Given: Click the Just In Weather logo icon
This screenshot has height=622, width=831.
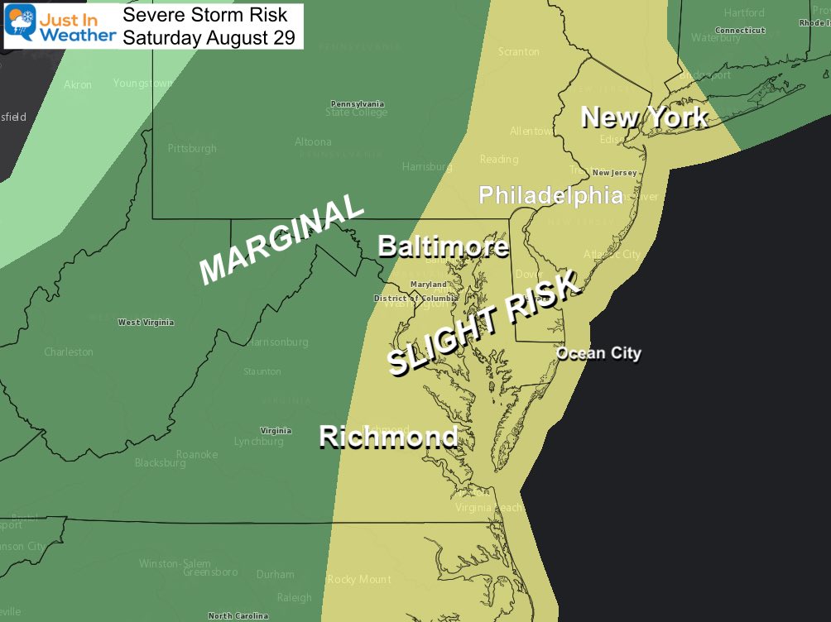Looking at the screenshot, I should pyautogui.click(x=20, y=25).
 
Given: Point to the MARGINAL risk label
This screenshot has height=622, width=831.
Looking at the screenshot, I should pyautogui.click(x=282, y=240).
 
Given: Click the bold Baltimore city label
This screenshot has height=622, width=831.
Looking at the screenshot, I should pyautogui.click(x=443, y=246).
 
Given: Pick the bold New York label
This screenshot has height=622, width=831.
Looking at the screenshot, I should pyautogui.click(x=644, y=117).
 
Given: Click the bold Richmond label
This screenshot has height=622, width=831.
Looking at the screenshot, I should pyautogui.click(x=388, y=436).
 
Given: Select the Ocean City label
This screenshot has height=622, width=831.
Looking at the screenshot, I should pyautogui.click(x=598, y=353).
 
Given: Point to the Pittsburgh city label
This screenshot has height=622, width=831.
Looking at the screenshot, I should pyautogui.click(x=192, y=149).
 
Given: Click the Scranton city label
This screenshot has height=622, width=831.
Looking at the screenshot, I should pyautogui.click(x=519, y=51).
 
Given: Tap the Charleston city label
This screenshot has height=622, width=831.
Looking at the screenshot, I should pyautogui.click(x=69, y=352).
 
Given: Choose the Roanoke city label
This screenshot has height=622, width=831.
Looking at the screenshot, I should pyautogui.click(x=198, y=454).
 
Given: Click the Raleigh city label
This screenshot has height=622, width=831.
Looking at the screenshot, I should pyautogui.click(x=295, y=597).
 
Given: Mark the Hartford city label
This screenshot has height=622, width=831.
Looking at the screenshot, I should pyautogui.click(x=744, y=13).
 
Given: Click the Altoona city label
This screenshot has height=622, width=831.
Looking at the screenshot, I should pyautogui.click(x=313, y=142).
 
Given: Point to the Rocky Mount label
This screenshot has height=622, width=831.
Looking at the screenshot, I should pyautogui.click(x=359, y=579).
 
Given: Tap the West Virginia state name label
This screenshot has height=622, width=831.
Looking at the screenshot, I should pyautogui.click(x=146, y=323).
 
